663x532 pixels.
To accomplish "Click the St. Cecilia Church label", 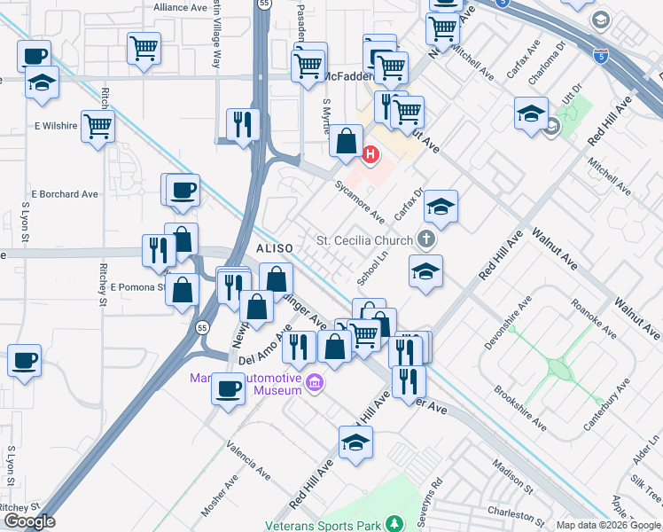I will pos(365,240).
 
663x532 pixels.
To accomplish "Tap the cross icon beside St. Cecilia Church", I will pos(426,239).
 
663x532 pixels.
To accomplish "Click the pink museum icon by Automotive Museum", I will pos(315,383).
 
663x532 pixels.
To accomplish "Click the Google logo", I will pos(29,521).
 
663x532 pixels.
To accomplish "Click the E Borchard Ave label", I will pos(65,193).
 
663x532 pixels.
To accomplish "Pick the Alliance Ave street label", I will pos(180,7).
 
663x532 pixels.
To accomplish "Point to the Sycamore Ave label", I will pos(359,203).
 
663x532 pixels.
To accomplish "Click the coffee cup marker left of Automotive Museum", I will pos(229,387).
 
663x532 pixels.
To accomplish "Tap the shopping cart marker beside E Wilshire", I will pos(97,125).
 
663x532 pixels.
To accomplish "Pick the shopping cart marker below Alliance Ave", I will pos(144,48).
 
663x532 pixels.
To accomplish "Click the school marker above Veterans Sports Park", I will pos(355,442).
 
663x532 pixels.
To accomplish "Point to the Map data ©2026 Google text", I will pos(609,525).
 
